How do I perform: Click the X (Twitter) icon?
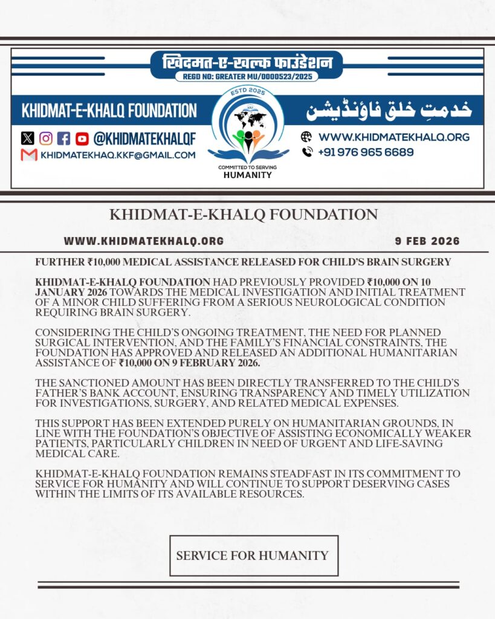click(27, 138)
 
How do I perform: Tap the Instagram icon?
click(45, 138)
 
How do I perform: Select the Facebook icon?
click(63, 138)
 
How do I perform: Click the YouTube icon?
click(82, 138)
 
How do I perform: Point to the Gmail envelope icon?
click(29, 155)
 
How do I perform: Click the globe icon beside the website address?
click(307, 137)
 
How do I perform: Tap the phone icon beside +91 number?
click(307, 152)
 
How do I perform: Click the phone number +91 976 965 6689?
click(366, 152)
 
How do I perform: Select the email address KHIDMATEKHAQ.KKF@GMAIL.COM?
click(118, 155)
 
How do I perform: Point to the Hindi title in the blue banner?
click(247, 62)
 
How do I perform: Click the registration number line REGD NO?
click(247, 77)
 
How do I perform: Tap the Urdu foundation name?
click(389, 111)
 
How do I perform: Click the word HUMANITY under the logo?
click(248, 175)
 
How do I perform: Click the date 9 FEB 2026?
click(427, 241)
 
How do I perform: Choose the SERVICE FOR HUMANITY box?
click(253, 556)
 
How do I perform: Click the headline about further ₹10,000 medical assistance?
click(244, 262)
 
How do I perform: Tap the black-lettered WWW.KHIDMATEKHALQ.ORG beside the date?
click(144, 241)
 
